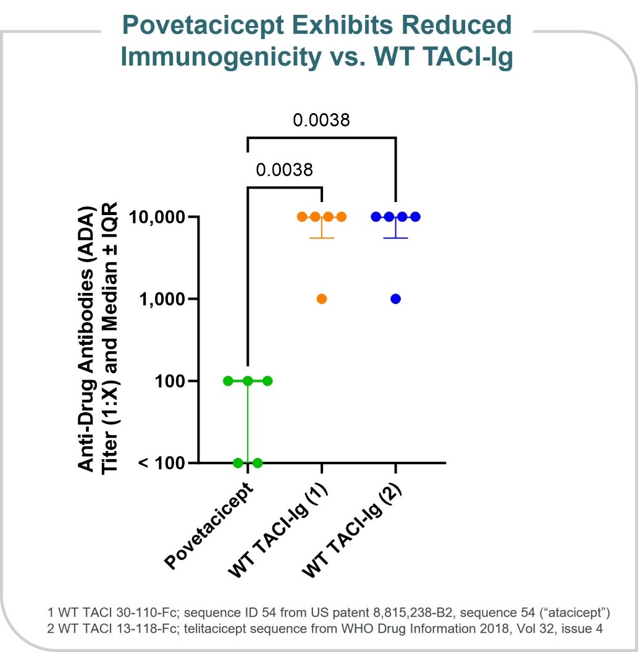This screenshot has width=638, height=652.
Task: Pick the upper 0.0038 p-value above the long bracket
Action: (321, 119)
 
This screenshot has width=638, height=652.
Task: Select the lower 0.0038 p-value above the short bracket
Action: (284, 169)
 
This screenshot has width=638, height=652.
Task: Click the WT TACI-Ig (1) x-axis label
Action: (278, 531)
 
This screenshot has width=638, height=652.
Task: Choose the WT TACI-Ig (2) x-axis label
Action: (352, 531)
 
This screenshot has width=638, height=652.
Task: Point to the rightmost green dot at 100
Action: (267, 381)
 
